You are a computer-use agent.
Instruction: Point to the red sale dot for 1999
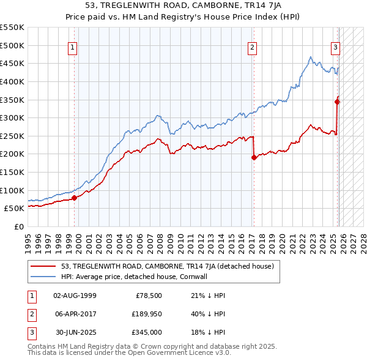tap(74, 198)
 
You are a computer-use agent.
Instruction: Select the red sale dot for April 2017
tap(254, 157)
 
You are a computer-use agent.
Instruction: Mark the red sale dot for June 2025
tap(337, 102)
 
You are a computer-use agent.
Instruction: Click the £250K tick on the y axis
tap(12, 136)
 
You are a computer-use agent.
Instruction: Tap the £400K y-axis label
tap(12, 81)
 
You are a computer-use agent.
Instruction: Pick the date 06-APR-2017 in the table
tap(75, 314)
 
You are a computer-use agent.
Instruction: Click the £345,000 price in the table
tap(147, 333)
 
